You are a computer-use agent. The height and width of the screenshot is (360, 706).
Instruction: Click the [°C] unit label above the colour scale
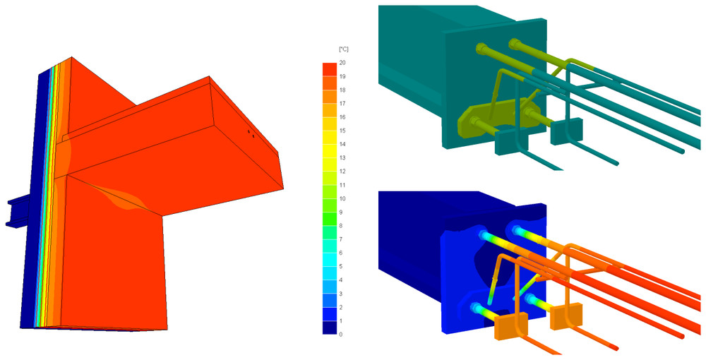[x=344, y=49]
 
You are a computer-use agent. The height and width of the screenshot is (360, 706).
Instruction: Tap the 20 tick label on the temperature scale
[x=342, y=62]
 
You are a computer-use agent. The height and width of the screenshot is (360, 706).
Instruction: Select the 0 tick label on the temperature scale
[x=341, y=335]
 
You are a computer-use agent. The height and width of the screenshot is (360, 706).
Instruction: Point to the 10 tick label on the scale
[x=342, y=198]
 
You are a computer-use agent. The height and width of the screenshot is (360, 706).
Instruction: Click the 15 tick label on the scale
[x=342, y=131]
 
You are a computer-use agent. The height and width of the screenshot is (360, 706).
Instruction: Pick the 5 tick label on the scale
[x=341, y=266]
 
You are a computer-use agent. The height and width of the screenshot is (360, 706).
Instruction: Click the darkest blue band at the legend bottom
[x=329, y=328]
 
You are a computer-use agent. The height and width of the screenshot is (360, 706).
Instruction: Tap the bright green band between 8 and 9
[x=329, y=219]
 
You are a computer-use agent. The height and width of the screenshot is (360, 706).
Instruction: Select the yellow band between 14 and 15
[x=329, y=137]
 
